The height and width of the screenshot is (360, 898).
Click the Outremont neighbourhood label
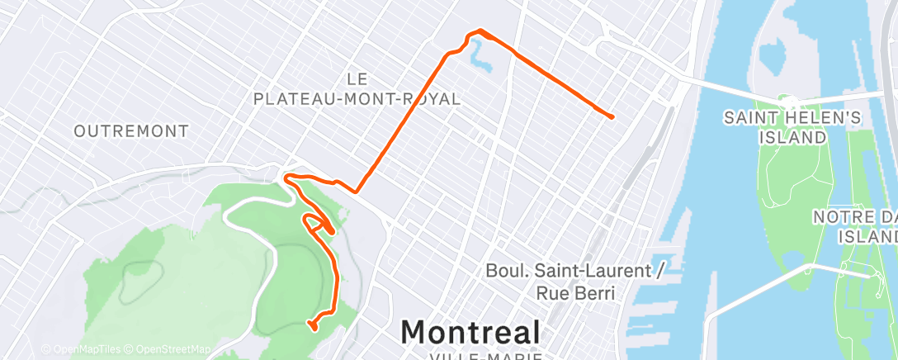131,130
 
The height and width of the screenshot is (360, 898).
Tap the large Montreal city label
470,332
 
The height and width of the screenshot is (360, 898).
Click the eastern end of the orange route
612,116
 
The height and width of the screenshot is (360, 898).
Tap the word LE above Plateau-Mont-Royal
357,79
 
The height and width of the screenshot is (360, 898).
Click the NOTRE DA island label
855,216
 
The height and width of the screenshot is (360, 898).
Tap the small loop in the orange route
313,220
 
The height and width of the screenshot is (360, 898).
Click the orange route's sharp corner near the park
357,192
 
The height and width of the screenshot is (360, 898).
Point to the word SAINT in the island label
748,118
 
